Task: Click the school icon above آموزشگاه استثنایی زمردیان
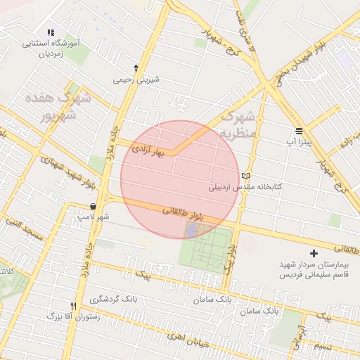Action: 51,32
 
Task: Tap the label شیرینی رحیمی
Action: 136,79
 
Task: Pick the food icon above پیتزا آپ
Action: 300,131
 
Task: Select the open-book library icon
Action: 245,176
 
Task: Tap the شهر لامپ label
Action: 94,217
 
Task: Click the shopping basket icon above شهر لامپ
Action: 94,207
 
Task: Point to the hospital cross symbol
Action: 314,252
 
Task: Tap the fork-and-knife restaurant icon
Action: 74,306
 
